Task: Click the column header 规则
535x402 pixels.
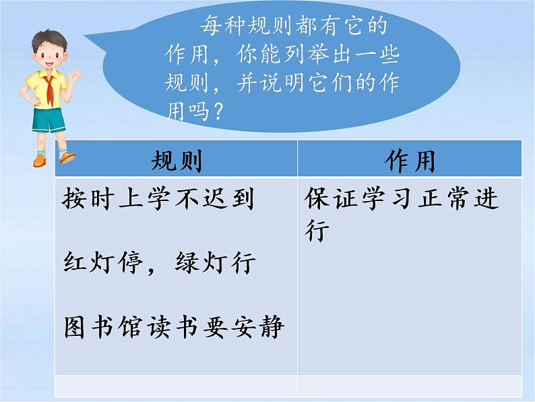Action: [x=177, y=161]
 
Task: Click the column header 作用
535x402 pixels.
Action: [x=409, y=161]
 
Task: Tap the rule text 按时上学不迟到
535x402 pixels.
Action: [x=158, y=198]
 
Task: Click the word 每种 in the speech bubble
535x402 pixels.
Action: [x=223, y=27]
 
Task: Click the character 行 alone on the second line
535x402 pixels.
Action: [x=316, y=231]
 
